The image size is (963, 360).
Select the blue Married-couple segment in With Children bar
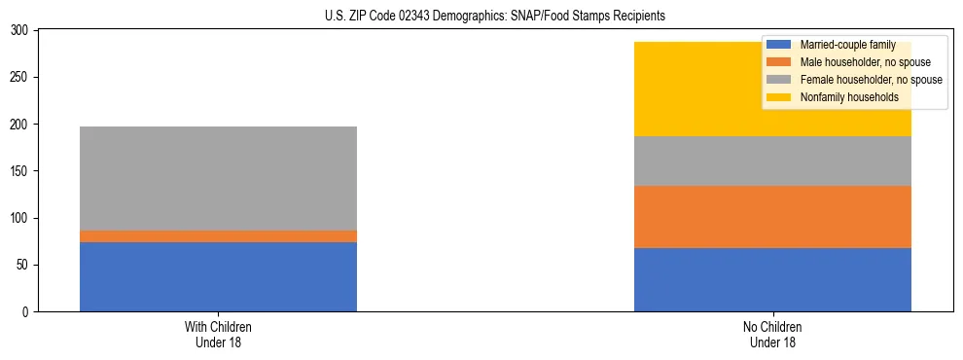pyautogui.click(x=218, y=276)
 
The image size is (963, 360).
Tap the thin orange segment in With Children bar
pyautogui.click(x=218, y=236)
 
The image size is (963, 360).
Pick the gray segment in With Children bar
pyautogui.click(x=218, y=179)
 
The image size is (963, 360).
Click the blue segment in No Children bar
pyautogui.click(x=772, y=279)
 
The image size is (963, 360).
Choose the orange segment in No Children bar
pyautogui.click(x=772, y=217)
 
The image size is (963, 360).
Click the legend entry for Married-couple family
pyautogui.click(x=844, y=45)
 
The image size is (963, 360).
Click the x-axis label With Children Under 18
pyautogui.click(x=218, y=334)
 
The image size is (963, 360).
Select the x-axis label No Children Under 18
pyautogui.click(x=772, y=334)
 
